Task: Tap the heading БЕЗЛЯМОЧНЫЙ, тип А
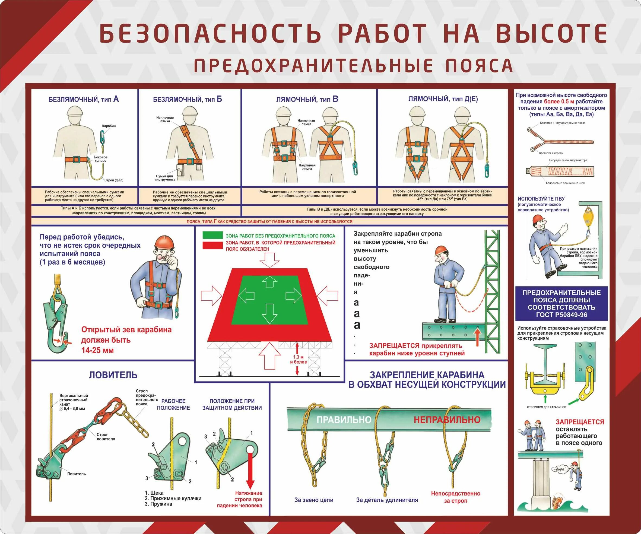click(83, 99)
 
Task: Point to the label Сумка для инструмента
click(165, 178)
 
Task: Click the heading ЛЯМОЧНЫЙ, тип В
click(307, 99)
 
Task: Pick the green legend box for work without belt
click(212, 235)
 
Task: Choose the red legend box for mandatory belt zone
click(212, 245)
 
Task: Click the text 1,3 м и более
click(299, 359)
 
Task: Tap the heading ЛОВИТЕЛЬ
click(113, 375)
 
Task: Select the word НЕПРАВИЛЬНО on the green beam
click(447, 420)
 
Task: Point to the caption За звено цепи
click(314, 500)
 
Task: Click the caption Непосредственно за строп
click(455, 497)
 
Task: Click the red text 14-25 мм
click(97, 350)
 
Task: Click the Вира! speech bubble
click(560, 469)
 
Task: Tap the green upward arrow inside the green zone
click(269, 281)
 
